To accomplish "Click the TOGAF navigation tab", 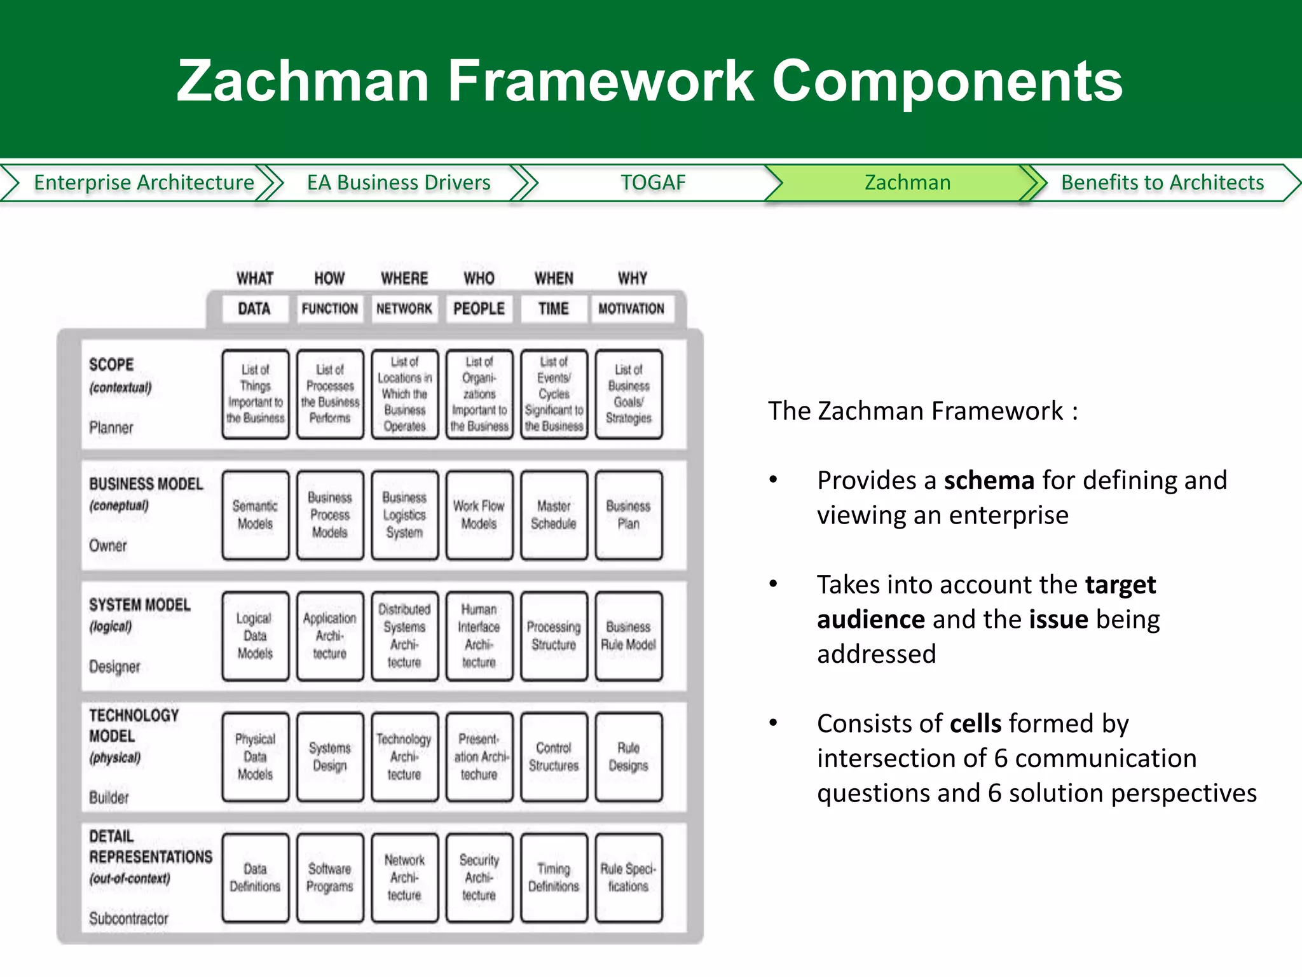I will pyautogui.click(x=653, y=183).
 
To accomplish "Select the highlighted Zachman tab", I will pyautogui.click(x=907, y=183).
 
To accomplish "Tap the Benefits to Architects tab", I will pyautogui.click(x=1162, y=183).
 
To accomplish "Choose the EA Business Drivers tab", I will pyautogui.click(x=399, y=183).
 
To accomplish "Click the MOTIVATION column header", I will pyautogui.click(x=631, y=308).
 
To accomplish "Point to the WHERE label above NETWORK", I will pyautogui.click(x=404, y=278).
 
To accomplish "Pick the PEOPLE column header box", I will pyautogui.click(x=479, y=308).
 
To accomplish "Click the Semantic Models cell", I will pyautogui.click(x=255, y=515).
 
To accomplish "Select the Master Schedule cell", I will pyautogui.click(x=554, y=515).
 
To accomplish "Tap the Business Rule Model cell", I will pyautogui.click(x=629, y=635).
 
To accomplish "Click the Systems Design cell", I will pyautogui.click(x=330, y=756).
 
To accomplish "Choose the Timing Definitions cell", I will pyautogui.click(x=554, y=877).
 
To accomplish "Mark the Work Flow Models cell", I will pyautogui.click(x=479, y=515).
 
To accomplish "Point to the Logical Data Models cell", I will pyautogui.click(x=255, y=635).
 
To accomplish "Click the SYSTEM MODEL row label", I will pyautogui.click(x=140, y=604).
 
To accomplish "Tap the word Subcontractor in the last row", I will pyautogui.click(x=128, y=918).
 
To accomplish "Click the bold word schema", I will pyautogui.click(x=989, y=480).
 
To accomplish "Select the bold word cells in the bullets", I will pyautogui.click(x=975, y=723).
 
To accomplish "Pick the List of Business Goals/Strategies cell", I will pyautogui.click(x=629, y=394).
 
